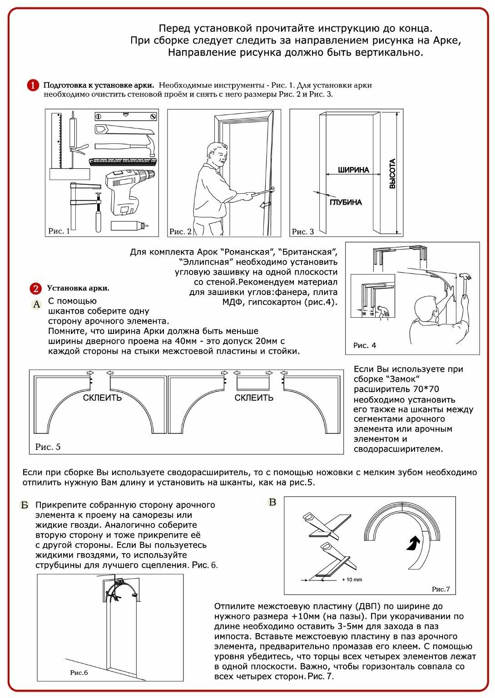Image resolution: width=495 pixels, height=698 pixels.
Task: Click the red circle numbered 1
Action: pos(33,85)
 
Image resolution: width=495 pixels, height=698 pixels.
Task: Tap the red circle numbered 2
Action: pos(35,289)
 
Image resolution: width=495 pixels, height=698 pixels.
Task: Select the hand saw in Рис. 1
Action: pos(123,130)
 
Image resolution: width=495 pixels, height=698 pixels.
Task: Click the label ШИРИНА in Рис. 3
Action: pos(353,170)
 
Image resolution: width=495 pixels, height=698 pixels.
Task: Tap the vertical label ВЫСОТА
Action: pos(392,173)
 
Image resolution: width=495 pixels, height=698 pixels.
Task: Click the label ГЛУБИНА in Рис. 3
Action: pos(346,202)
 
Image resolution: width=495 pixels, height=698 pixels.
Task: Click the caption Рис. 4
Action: pos(365,345)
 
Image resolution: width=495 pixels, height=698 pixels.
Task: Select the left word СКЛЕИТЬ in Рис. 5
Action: pos(102,398)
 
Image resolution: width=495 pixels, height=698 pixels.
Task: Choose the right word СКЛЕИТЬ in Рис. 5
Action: pos(254,398)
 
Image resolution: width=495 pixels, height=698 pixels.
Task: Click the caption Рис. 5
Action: pos(48,447)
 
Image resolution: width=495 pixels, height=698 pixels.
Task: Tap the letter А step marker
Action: pos(36,305)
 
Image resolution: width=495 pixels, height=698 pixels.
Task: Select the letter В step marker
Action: pos(272,502)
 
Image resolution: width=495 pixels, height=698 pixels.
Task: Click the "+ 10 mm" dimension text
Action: pos(352,580)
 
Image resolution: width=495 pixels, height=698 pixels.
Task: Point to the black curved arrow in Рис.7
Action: pos(413,543)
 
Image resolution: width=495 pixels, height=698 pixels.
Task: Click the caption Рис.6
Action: pos(79,673)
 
